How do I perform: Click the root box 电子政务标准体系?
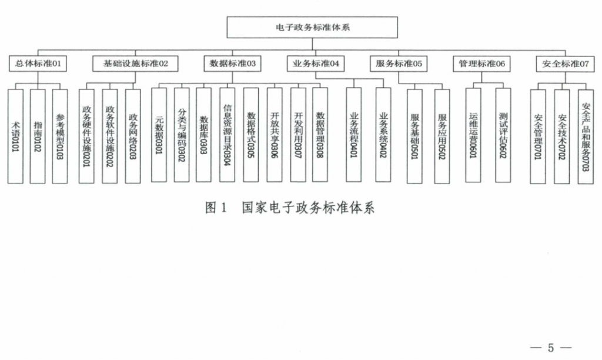pos(312,27)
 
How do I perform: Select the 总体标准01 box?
pos(38,64)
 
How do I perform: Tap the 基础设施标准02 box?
pos(135,64)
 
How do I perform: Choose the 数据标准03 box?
pos(232,64)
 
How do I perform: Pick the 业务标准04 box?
pos(316,64)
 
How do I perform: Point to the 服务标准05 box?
pos(399,64)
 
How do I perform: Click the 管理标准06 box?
pos(481,64)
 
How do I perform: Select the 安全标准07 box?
pos(565,64)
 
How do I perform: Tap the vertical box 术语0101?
pos(15,136)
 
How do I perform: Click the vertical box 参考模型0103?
pos(60,136)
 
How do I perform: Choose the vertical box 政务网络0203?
pos(133,136)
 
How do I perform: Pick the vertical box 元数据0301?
pos(159,135)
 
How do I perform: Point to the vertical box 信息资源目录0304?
pos(228,135)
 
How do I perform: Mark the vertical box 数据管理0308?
pos(320,135)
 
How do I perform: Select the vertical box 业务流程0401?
pos(353,135)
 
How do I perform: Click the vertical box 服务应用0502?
pos(442,136)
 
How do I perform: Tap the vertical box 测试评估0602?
pos(503,135)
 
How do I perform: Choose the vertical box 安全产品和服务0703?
pos(586,137)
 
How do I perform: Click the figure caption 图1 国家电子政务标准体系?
pos(289,208)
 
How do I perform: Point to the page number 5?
pos(551,348)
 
